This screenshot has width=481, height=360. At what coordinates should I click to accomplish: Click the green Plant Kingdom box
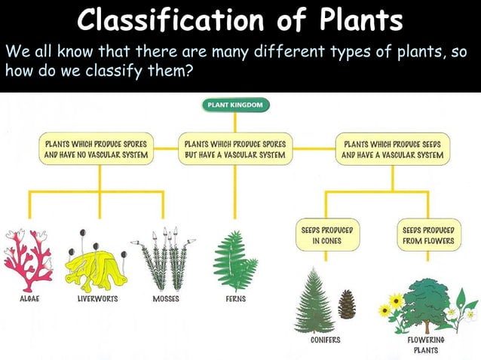(x=234, y=105)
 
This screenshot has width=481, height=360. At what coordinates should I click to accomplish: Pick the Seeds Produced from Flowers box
(x=427, y=235)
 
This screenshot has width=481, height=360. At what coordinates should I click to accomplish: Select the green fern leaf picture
(x=236, y=260)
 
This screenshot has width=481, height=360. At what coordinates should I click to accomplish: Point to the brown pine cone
(x=347, y=305)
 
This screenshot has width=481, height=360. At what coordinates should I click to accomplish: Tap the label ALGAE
(x=28, y=299)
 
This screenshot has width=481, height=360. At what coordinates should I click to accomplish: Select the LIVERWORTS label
(x=97, y=299)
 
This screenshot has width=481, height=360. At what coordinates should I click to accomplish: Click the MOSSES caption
(x=165, y=299)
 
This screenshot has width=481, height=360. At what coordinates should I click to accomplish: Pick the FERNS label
(x=235, y=299)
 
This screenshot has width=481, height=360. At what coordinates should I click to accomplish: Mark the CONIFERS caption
(x=325, y=340)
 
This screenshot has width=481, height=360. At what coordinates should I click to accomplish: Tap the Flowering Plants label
(x=426, y=345)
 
